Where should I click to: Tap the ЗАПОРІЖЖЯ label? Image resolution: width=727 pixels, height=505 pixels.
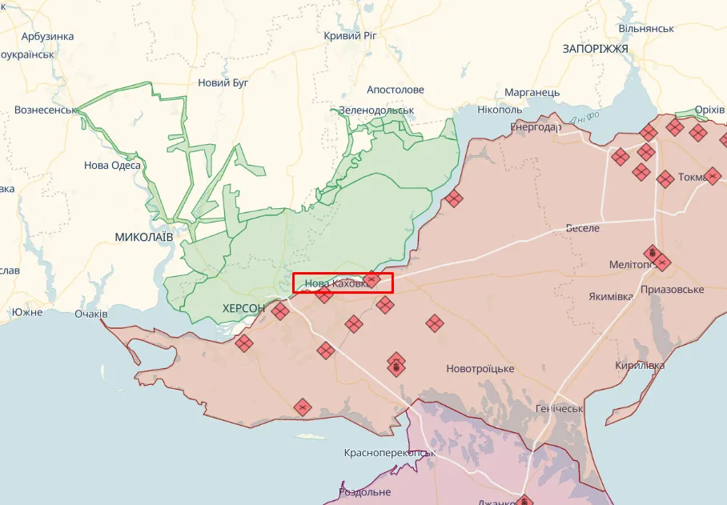tap(595, 49)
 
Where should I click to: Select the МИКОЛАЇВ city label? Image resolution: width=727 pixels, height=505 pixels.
tap(144, 237)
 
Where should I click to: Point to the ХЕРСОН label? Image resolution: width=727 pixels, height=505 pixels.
tap(243, 308)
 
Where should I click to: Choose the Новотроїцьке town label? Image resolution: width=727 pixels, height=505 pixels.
tap(480, 369)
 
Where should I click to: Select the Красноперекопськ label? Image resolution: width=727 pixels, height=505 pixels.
tap(390, 453)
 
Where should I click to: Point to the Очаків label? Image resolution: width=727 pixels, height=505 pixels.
tap(90, 314)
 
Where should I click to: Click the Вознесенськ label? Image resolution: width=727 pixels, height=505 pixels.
tap(45, 110)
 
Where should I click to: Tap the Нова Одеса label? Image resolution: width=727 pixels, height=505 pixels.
tap(112, 166)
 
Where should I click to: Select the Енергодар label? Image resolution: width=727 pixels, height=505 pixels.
tap(536, 127)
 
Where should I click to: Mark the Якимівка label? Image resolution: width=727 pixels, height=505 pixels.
tap(611, 297)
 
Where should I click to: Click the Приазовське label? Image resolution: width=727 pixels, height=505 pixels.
tap(673, 289)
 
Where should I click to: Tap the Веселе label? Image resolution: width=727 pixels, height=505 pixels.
tap(582, 228)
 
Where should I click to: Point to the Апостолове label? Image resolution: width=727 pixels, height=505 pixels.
tap(396, 90)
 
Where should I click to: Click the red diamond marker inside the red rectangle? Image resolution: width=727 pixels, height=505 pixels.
tap(372, 279)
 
